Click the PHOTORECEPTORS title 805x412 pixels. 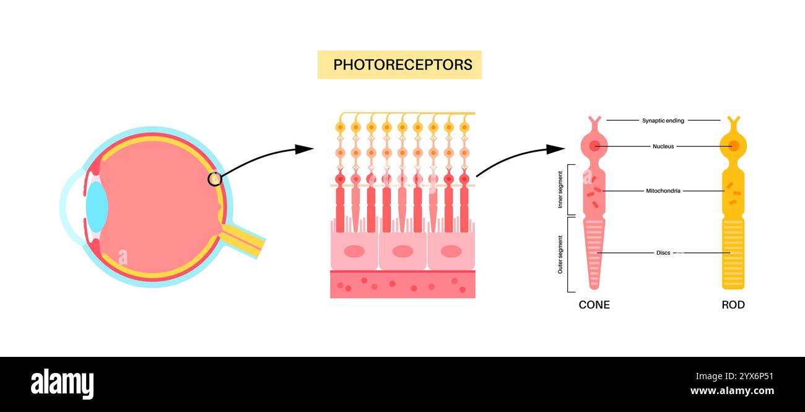399,64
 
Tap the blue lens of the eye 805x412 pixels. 97,206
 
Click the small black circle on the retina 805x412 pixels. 214,179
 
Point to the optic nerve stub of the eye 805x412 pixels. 245,240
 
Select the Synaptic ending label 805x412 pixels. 663,120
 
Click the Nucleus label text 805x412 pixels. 663,146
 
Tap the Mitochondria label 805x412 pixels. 663,191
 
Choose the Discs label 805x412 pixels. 663,253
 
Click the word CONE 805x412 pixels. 594,305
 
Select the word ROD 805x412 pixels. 733,305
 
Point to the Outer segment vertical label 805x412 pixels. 560,254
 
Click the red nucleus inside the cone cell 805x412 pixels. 594,146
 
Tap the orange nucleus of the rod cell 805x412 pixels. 733,146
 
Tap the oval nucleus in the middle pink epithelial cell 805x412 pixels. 402,251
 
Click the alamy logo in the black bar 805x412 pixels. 62,384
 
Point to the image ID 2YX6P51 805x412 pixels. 751,376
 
